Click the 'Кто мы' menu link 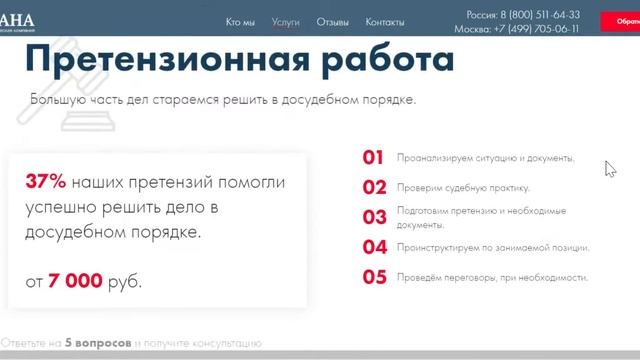(x=240, y=21)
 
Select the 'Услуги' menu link (x=285, y=21)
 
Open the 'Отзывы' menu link (x=332, y=21)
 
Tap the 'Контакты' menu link (x=385, y=21)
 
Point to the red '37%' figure (x=45, y=182)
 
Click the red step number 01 (x=373, y=157)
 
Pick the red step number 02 (x=374, y=187)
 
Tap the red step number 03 (x=374, y=217)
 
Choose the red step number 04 (x=374, y=247)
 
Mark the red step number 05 (x=374, y=277)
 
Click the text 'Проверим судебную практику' (x=463, y=188)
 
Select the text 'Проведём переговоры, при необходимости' (x=492, y=278)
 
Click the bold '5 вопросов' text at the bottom (x=97, y=343)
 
